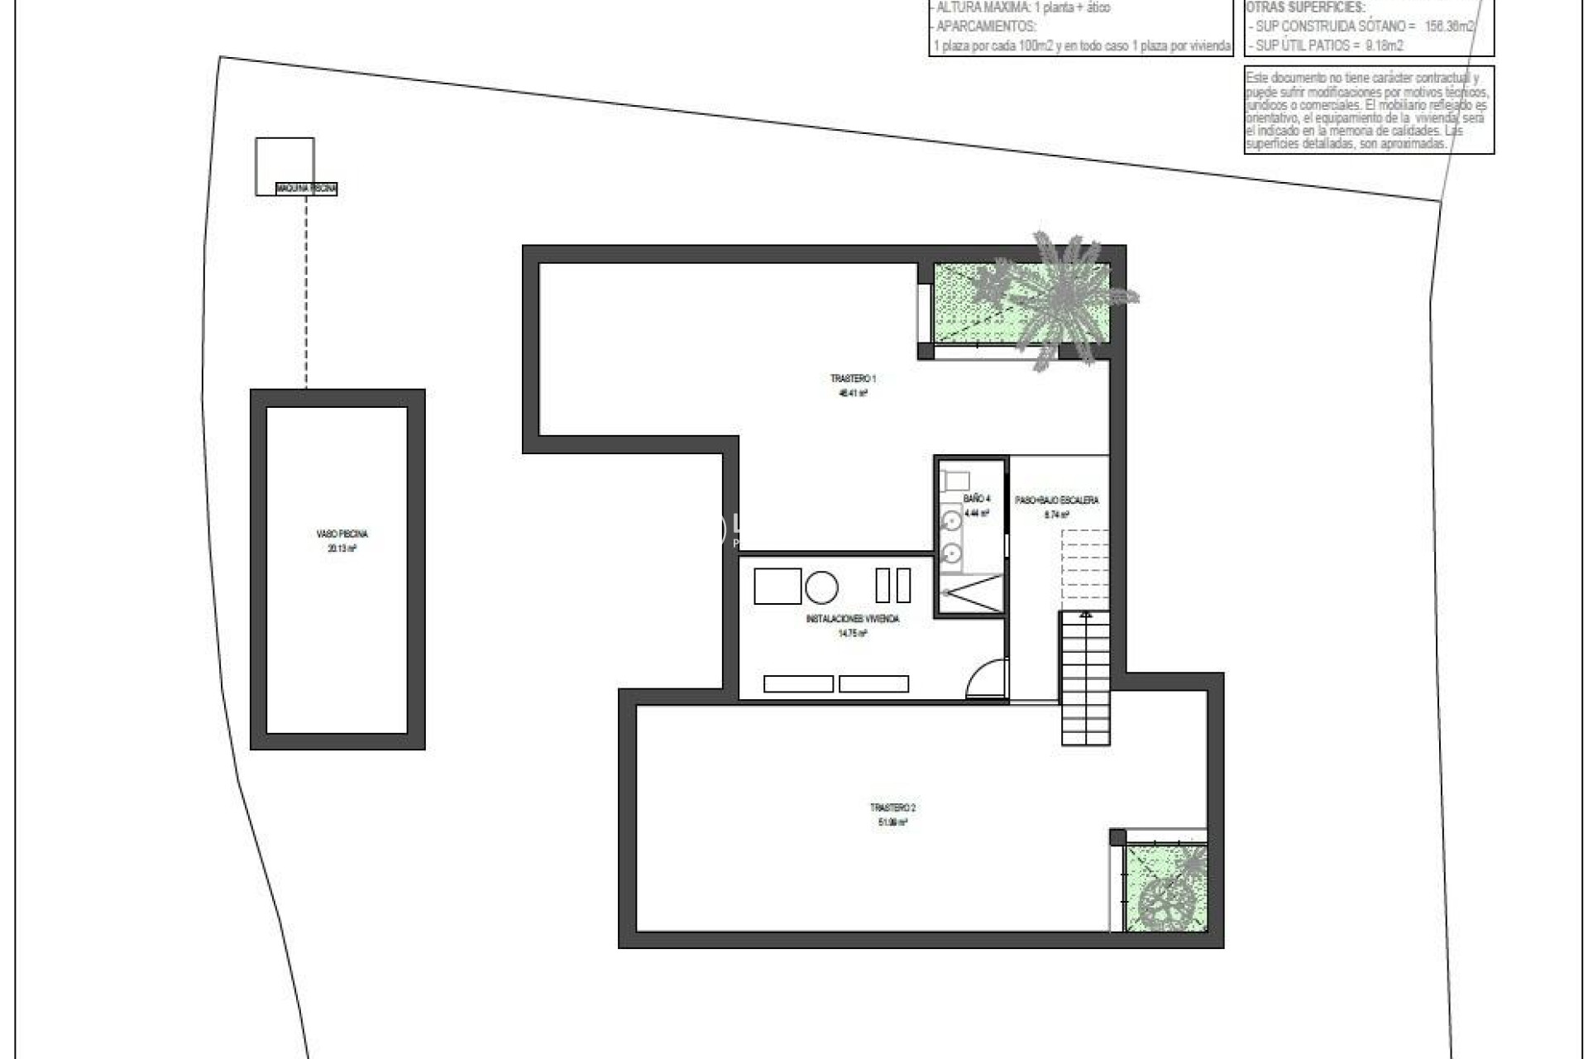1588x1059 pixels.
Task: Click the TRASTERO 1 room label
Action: (853, 379)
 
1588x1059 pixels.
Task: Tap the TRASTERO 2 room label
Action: (892, 807)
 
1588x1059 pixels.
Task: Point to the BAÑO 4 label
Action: (976, 499)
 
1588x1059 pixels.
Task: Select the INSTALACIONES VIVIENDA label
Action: (852, 619)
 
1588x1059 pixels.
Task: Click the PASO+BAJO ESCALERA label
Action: (1056, 501)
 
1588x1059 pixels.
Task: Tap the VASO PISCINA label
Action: (342, 534)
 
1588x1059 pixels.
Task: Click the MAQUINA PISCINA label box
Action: (307, 189)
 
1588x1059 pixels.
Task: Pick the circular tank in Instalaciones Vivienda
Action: (821, 587)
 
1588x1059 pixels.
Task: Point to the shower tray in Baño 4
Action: (971, 593)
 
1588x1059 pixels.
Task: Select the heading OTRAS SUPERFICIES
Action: (1305, 8)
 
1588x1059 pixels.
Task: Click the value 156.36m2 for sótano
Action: (1449, 26)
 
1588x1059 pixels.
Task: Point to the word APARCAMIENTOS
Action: (985, 26)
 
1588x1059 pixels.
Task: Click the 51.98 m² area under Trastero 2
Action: (892, 822)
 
